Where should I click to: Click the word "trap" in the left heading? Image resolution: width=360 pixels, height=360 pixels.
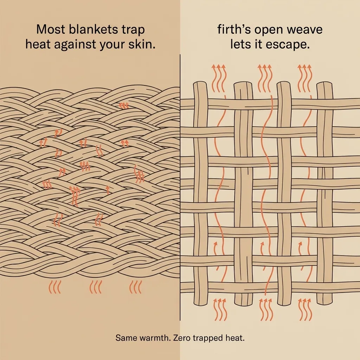pos(134,30)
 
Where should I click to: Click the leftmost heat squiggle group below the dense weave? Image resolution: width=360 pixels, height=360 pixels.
pos(54,287)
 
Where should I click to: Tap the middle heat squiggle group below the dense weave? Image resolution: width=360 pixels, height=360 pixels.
pos(95,287)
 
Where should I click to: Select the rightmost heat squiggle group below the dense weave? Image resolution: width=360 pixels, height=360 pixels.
pos(135,287)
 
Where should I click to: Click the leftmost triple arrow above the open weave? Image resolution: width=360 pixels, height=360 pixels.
pos(219,78)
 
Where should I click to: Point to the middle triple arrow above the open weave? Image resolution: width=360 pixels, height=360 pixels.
pos(265,78)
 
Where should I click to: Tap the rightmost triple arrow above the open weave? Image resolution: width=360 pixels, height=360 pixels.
pos(305,78)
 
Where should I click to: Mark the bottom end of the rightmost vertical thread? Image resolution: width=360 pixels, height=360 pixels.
pos(324,303)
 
